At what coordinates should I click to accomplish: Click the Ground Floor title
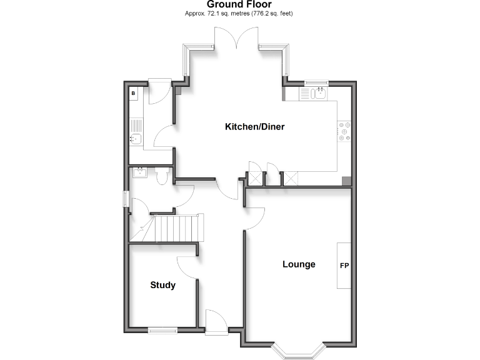239,4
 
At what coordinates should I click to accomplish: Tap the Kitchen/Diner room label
254,127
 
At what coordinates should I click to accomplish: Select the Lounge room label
299,264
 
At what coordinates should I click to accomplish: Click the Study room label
162,286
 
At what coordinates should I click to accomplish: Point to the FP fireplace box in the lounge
344,265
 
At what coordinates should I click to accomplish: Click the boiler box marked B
133,94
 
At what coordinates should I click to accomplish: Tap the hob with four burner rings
344,132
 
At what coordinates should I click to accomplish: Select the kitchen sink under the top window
314,94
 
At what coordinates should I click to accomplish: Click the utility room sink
136,139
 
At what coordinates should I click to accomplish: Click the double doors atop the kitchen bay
236,40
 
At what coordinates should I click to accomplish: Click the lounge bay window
299,351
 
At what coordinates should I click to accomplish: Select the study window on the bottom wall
162,329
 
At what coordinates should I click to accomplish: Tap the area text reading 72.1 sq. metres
239,13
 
